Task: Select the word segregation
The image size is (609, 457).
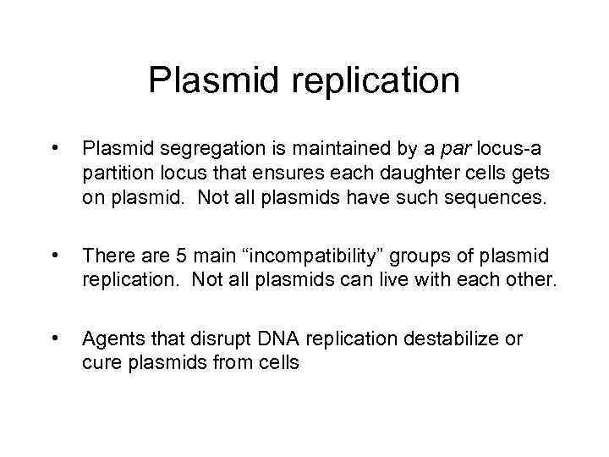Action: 195,151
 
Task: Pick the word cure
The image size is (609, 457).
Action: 99,363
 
